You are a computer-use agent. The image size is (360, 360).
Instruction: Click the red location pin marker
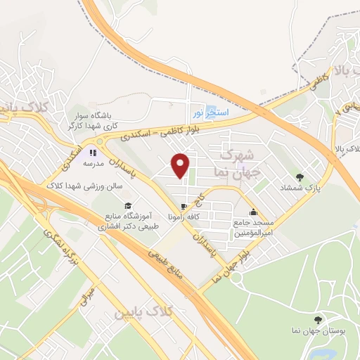click(x=181, y=165)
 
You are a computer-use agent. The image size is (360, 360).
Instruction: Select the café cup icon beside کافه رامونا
click(x=184, y=206)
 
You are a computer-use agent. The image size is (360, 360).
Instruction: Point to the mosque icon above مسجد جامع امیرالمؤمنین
click(x=253, y=212)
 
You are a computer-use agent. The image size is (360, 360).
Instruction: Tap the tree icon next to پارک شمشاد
click(x=301, y=177)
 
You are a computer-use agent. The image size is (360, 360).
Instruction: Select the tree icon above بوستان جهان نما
click(x=319, y=319)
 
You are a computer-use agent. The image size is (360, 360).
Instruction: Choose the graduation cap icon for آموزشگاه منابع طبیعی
click(x=128, y=205)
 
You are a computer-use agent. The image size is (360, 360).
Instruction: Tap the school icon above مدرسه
click(x=92, y=152)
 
